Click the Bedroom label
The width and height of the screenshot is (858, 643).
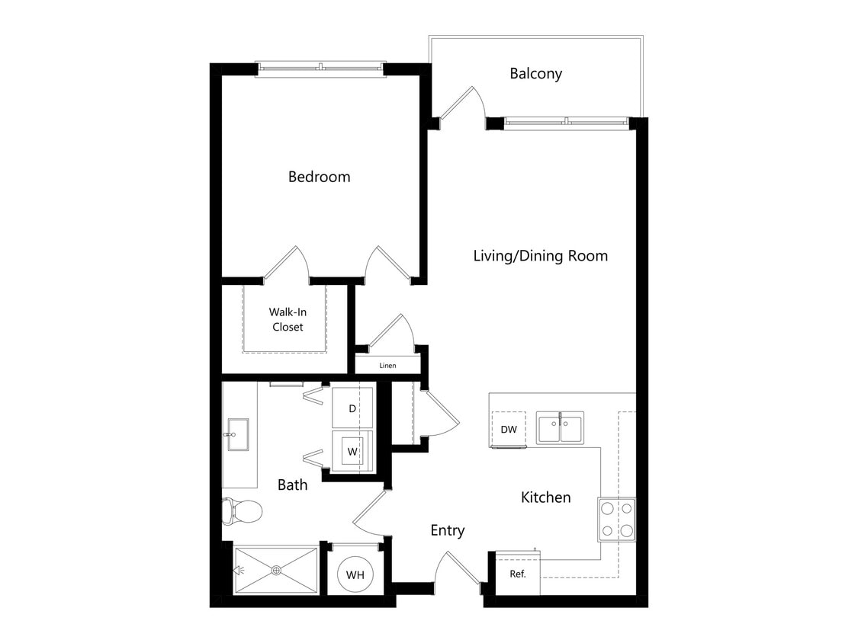319,177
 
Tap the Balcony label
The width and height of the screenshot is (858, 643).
535,74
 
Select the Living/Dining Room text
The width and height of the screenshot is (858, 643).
540,255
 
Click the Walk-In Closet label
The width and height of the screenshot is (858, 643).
286,319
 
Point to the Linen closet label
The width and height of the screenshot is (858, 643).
387,366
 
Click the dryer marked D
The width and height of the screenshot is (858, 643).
352,408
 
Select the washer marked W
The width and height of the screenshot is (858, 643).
352,451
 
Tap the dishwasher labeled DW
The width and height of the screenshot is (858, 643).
509,430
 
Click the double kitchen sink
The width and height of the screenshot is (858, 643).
560,427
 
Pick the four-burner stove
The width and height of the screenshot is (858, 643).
616,519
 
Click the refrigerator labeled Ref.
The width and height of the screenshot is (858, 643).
518,574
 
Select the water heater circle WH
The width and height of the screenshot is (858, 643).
355,575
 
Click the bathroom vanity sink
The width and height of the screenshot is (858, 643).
238,434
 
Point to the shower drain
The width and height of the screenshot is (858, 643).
277,570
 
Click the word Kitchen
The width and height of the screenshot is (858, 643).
545,497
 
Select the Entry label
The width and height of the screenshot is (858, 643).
447,530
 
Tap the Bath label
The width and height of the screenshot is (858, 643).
292,485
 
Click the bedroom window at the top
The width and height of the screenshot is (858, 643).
320,68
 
